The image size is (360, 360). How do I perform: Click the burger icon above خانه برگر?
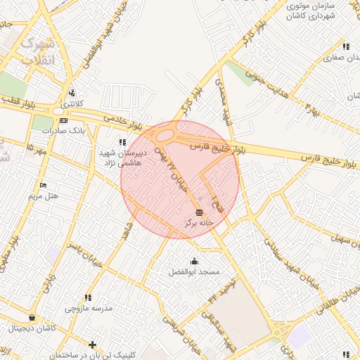coord(199,212)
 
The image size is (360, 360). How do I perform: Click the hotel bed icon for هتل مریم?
coord(44,186)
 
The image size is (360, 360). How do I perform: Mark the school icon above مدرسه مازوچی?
coord(87,298)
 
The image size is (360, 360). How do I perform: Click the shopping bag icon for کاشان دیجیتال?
coord(32,319)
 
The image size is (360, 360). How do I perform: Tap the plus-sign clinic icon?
coord(92,344)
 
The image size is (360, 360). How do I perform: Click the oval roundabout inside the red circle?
coord(166,135)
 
